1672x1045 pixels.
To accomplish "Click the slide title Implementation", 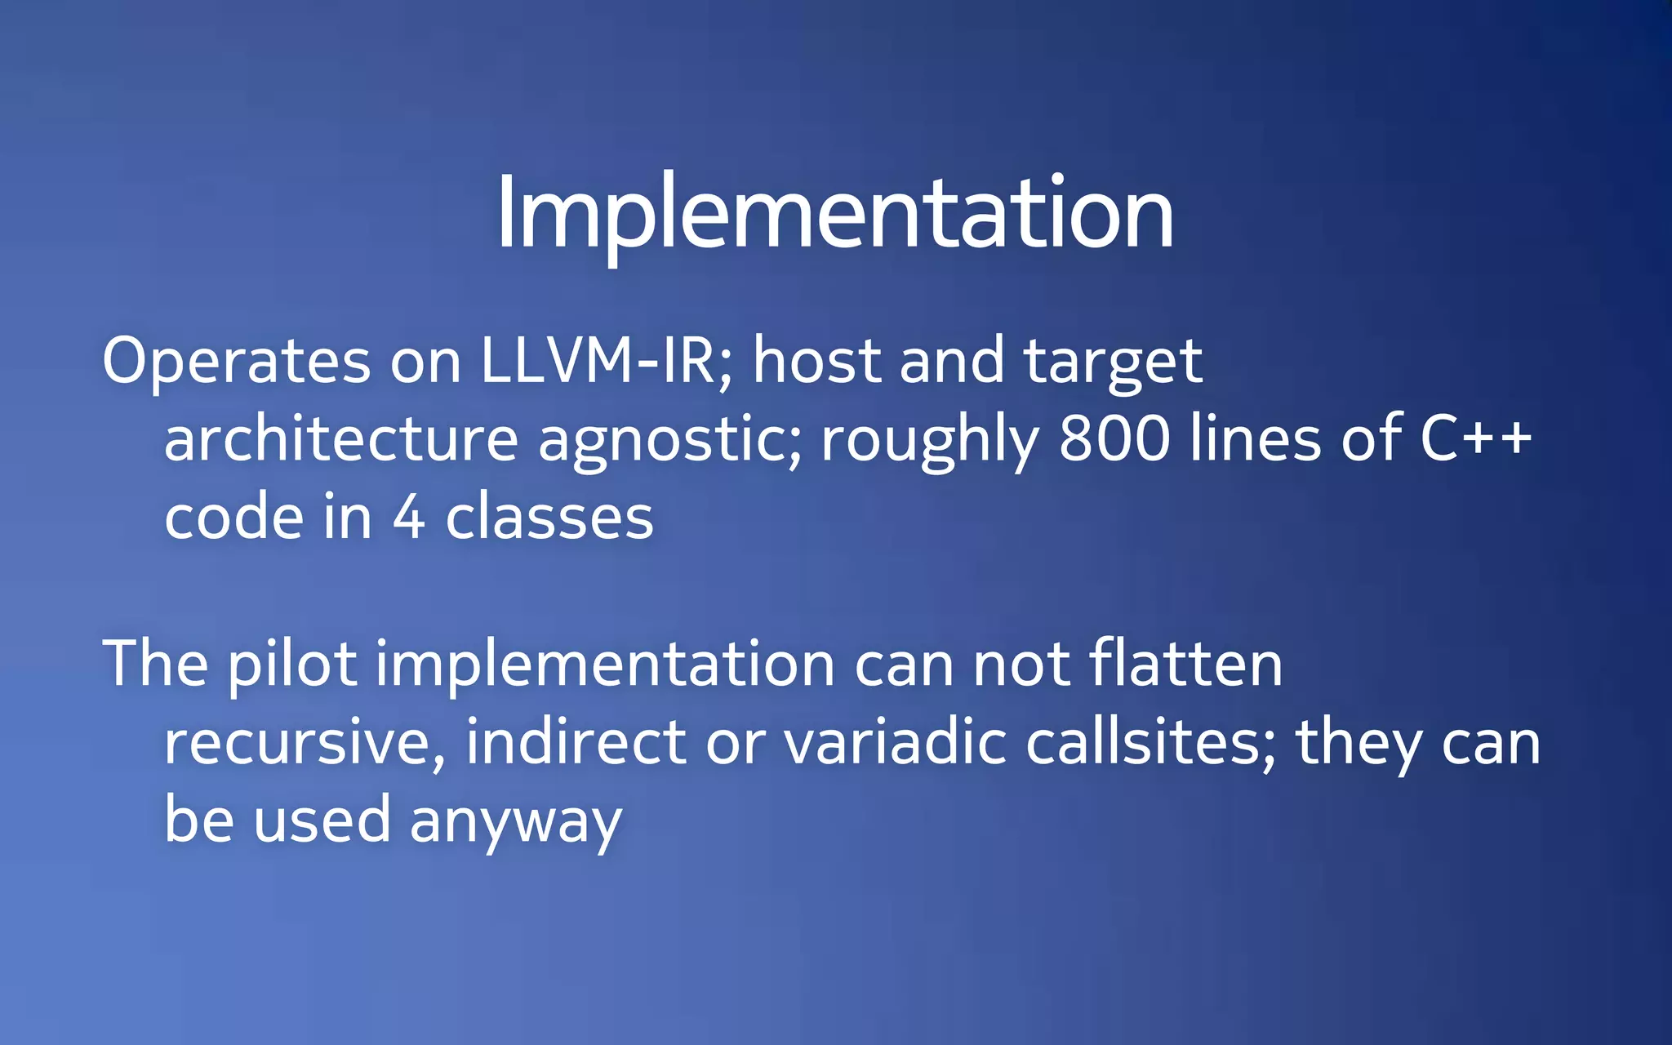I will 834,214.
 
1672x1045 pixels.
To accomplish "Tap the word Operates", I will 236,361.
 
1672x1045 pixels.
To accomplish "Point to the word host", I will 817,361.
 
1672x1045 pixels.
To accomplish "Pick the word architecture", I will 341,439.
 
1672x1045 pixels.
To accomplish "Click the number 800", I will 1114,439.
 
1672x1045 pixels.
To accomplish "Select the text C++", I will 1476,439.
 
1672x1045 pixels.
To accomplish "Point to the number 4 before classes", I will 408,518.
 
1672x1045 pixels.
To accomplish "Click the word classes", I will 549,518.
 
